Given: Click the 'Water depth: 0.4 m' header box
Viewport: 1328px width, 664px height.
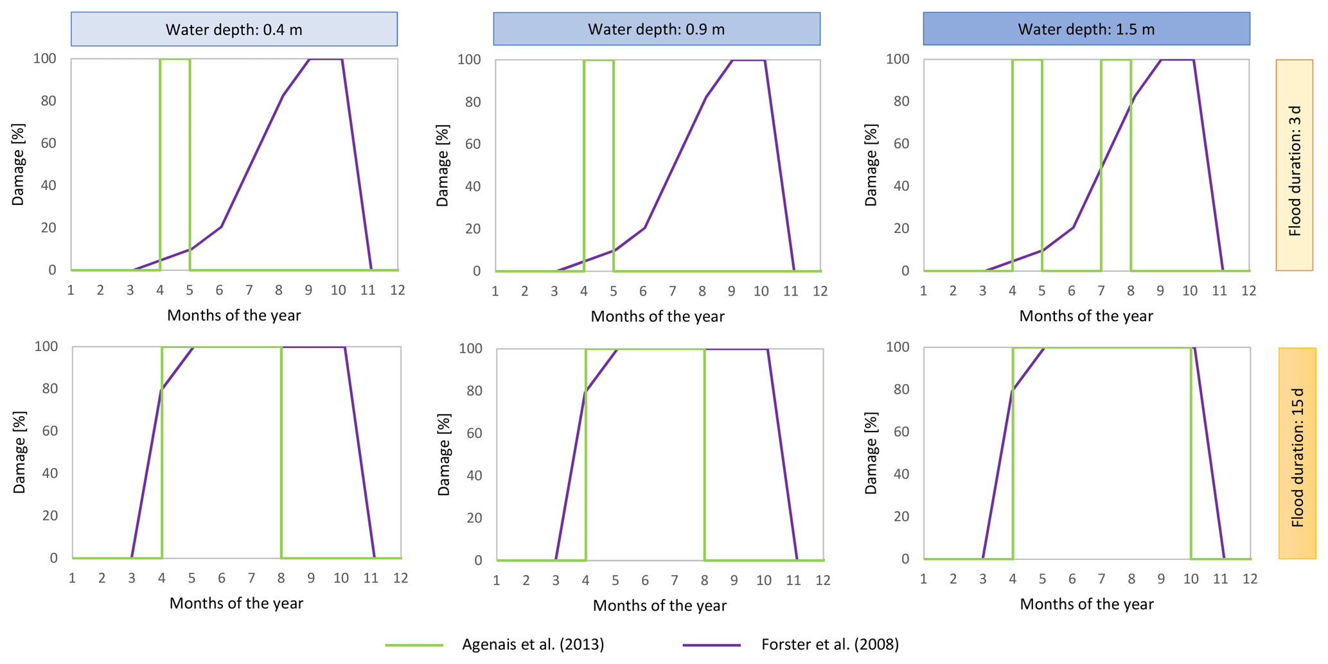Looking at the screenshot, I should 234,30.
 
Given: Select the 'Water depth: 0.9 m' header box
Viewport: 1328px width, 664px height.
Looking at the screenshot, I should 656,30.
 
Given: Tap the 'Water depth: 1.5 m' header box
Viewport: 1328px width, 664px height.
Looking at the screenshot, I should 1086,30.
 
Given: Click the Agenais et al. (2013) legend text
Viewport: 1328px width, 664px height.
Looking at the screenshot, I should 533,644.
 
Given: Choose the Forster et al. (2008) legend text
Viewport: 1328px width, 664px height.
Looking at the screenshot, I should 829,644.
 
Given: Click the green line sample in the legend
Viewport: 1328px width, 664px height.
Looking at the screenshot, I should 414,645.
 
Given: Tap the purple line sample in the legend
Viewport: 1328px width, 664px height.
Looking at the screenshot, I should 712,645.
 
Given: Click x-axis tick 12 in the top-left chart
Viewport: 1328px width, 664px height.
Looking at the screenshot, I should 398,290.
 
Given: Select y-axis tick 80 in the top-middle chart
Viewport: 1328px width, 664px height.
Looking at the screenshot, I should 472,102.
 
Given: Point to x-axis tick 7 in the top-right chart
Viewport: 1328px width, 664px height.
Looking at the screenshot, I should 1101,291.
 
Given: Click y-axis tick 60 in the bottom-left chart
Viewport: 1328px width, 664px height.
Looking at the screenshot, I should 49,431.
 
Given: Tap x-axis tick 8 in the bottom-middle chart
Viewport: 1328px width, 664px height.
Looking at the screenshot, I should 704,581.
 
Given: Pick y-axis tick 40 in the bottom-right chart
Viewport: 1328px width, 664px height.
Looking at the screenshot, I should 901,474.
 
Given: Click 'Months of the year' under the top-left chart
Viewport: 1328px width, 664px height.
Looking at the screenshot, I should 234,315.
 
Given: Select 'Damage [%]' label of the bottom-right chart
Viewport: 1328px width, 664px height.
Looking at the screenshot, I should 871,453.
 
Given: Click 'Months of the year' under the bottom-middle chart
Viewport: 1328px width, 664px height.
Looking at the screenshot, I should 659,606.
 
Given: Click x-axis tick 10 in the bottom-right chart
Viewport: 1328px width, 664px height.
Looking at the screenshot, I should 1191,579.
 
